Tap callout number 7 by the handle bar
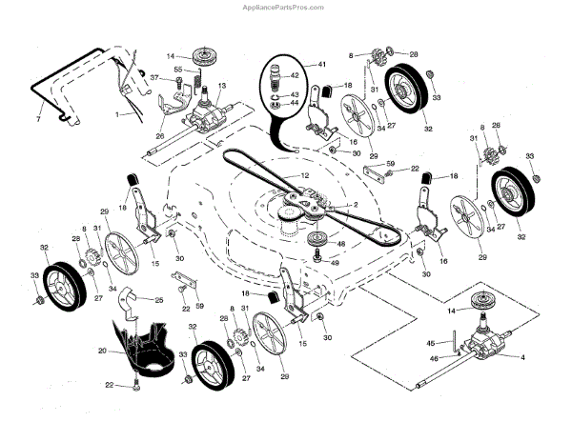[x=38, y=118]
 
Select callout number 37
[x=154, y=76]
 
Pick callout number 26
[x=160, y=135]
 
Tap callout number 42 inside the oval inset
[x=295, y=75]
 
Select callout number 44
[x=295, y=102]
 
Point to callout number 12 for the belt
[x=305, y=175]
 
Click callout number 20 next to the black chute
[x=102, y=351]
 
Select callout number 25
[x=159, y=300]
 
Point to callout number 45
[x=430, y=342]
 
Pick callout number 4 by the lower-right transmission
[x=521, y=357]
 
